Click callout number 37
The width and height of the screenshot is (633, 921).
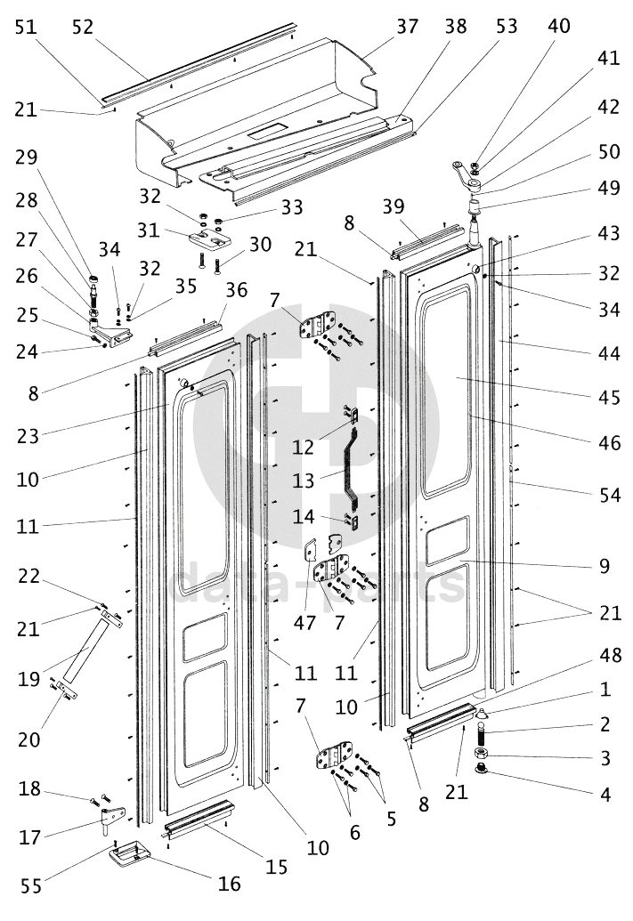407,26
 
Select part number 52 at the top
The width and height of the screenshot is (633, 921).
82,27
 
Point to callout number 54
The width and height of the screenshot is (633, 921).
610,494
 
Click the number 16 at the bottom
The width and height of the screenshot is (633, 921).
229,883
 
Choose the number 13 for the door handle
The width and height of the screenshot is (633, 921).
303,481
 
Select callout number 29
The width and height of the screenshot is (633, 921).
27,158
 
